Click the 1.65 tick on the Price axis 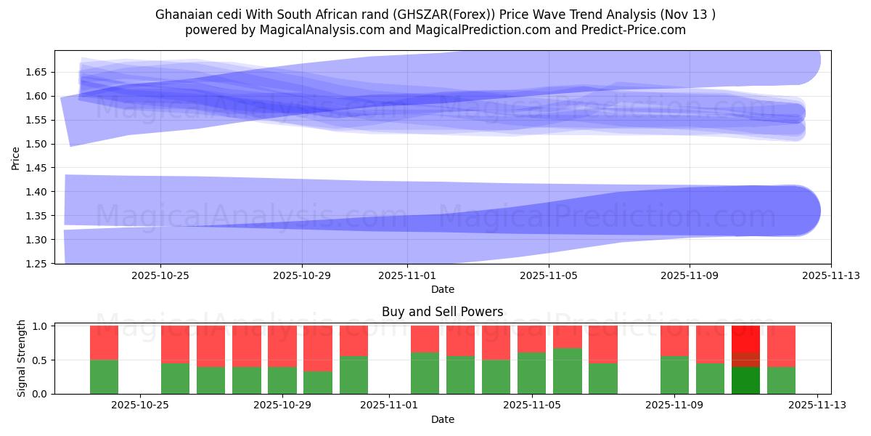pyautogui.click(x=38, y=72)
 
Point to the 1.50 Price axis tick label pyautogui.click(x=38, y=144)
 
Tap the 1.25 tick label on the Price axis pyautogui.click(x=38, y=264)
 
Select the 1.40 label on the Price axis pyautogui.click(x=38, y=192)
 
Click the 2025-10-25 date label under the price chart pyautogui.click(x=160, y=276)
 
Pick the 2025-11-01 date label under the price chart pyautogui.click(x=407, y=276)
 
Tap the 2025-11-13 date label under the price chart pyautogui.click(x=831, y=276)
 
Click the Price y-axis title pyautogui.click(x=16, y=157)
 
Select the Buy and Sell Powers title pyautogui.click(x=442, y=312)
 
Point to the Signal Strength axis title pyautogui.click(x=22, y=358)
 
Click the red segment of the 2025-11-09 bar pyautogui.click(x=674, y=340)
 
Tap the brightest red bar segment pyautogui.click(x=745, y=338)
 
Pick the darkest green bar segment pyautogui.click(x=745, y=380)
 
